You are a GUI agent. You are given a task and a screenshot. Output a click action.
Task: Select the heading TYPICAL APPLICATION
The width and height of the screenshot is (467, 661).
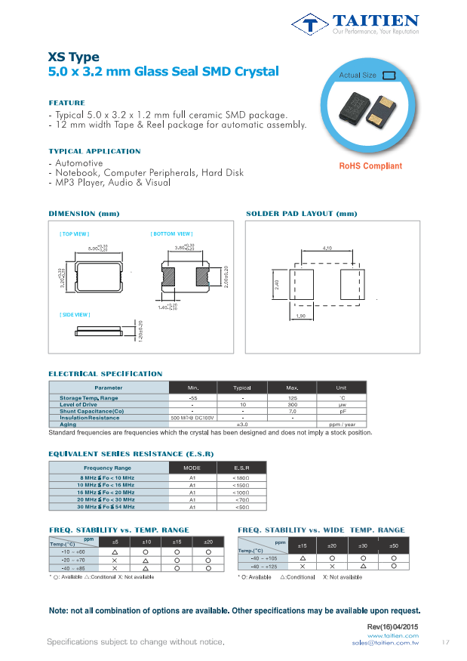[94, 151]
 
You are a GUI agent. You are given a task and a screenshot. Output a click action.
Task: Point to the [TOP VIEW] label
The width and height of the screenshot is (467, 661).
[74, 235]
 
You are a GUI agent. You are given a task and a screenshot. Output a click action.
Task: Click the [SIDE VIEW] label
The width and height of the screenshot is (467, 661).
[75, 314]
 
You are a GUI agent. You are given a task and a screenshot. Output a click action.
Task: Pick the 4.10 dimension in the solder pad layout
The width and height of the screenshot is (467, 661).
[327, 248]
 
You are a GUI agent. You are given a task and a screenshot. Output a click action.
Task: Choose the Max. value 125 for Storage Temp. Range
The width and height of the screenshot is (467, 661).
[292, 397]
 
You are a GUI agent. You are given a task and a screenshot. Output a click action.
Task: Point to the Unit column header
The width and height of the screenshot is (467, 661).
[341, 388]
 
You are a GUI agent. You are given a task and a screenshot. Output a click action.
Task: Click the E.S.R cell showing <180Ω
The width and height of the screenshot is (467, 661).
[242, 478]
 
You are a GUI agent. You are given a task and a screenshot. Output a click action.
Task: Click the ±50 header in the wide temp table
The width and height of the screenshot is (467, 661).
[393, 545]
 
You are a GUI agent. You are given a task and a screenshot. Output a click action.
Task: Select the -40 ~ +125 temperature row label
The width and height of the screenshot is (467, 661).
[263, 566]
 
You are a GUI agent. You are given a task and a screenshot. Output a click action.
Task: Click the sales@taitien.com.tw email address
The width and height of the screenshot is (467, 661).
[385, 642]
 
